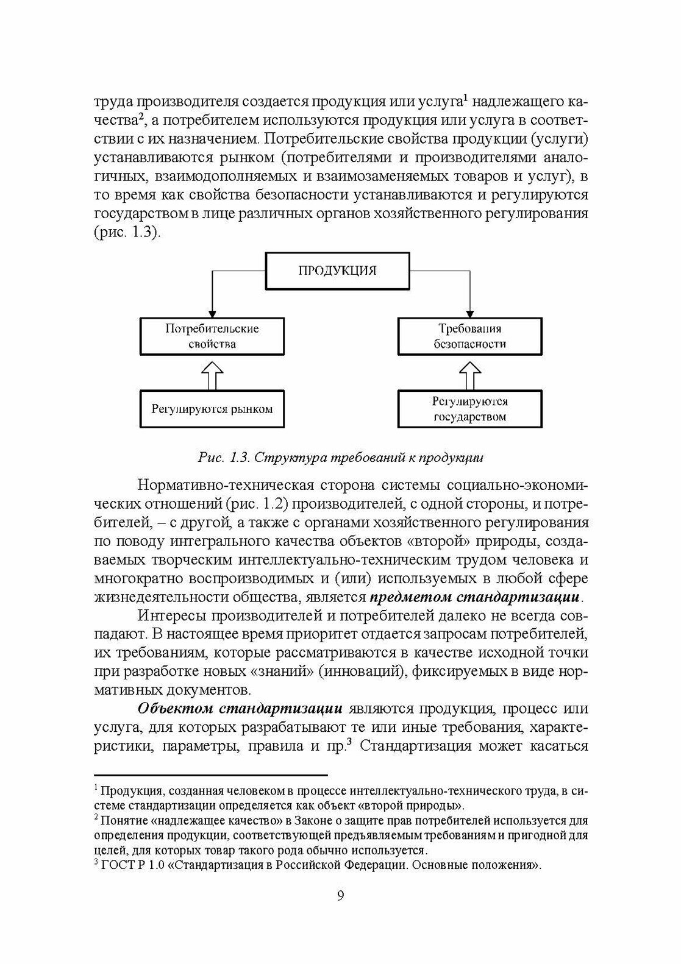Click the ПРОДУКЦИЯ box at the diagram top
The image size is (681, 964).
pos(337,271)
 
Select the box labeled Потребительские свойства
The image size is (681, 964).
pos(212,336)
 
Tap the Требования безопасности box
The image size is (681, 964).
pos(469,336)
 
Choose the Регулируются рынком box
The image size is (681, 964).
pos(212,408)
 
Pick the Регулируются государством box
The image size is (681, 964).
pos(469,409)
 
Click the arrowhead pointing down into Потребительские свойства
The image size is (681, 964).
pos(212,311)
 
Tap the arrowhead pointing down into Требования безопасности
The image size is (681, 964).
pos(469,311)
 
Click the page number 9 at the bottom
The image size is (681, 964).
pos(340,895)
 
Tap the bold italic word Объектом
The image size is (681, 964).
pos(175,709)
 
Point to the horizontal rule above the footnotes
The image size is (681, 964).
pos(210,776)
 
